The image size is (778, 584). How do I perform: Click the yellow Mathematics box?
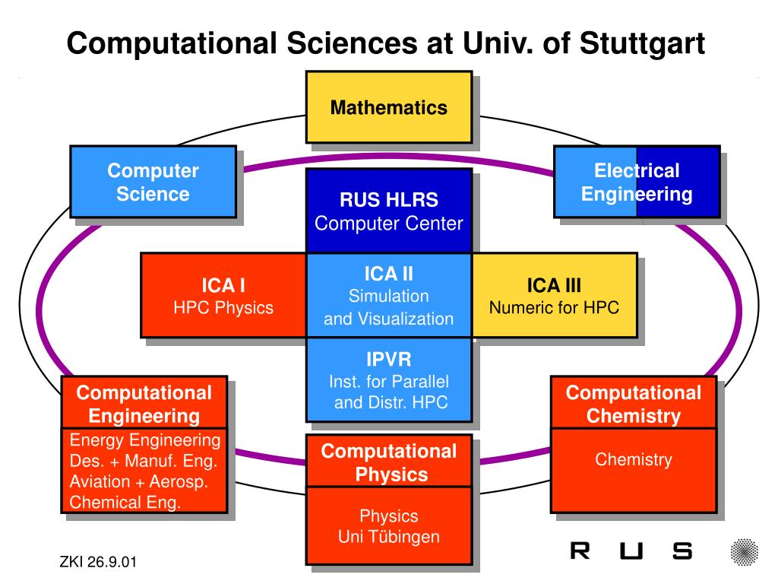(x=388, y=107)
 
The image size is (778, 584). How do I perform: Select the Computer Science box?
(x=153, y=182)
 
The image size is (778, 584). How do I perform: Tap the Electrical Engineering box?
(x=637, y=182)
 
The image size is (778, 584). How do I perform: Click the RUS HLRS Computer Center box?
(x=388, y=211)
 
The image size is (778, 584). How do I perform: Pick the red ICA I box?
(x=223, y=296)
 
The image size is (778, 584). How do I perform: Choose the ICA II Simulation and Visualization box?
(x=388, y=296)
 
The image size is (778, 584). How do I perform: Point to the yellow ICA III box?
(x=554, y=296)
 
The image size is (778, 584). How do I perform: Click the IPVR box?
(x=388, y=379)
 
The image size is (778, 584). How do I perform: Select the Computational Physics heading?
(x=388, y=462)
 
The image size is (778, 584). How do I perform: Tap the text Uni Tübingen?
(x=388, y=537)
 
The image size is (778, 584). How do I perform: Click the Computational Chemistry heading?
(x=633, y=404)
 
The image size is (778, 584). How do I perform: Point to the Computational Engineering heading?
(x=144, y=404)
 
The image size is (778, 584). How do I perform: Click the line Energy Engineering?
(x=145, y=440)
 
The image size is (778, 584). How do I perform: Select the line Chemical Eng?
(x=125, y=502)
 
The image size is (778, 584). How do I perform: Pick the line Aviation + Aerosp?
(x=139, y=481)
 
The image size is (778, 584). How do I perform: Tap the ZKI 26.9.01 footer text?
(x=98, y=563)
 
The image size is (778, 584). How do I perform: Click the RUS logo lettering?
(x=631, y=551)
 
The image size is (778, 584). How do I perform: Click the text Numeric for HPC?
(x=554, y=308)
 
